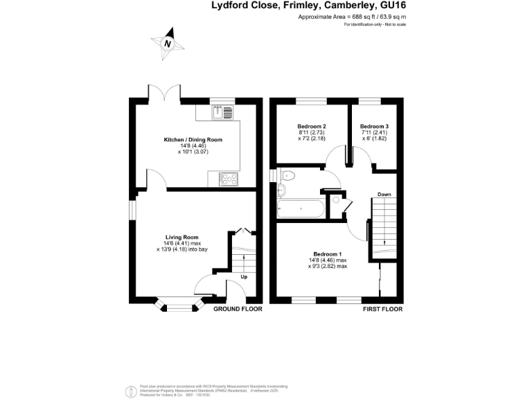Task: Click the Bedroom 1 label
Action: click(328, 254)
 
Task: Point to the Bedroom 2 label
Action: click(312, 127)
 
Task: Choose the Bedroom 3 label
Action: click(374, 127)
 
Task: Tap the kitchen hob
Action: click(229, 178)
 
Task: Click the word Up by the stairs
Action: click(243, 277)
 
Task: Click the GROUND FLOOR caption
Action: click(238, 309)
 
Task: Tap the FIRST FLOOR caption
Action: click(382, 309)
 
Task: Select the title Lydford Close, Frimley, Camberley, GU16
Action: click(308, 6)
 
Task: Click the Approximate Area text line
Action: click(352, 17)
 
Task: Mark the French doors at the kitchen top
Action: click(166, 92)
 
